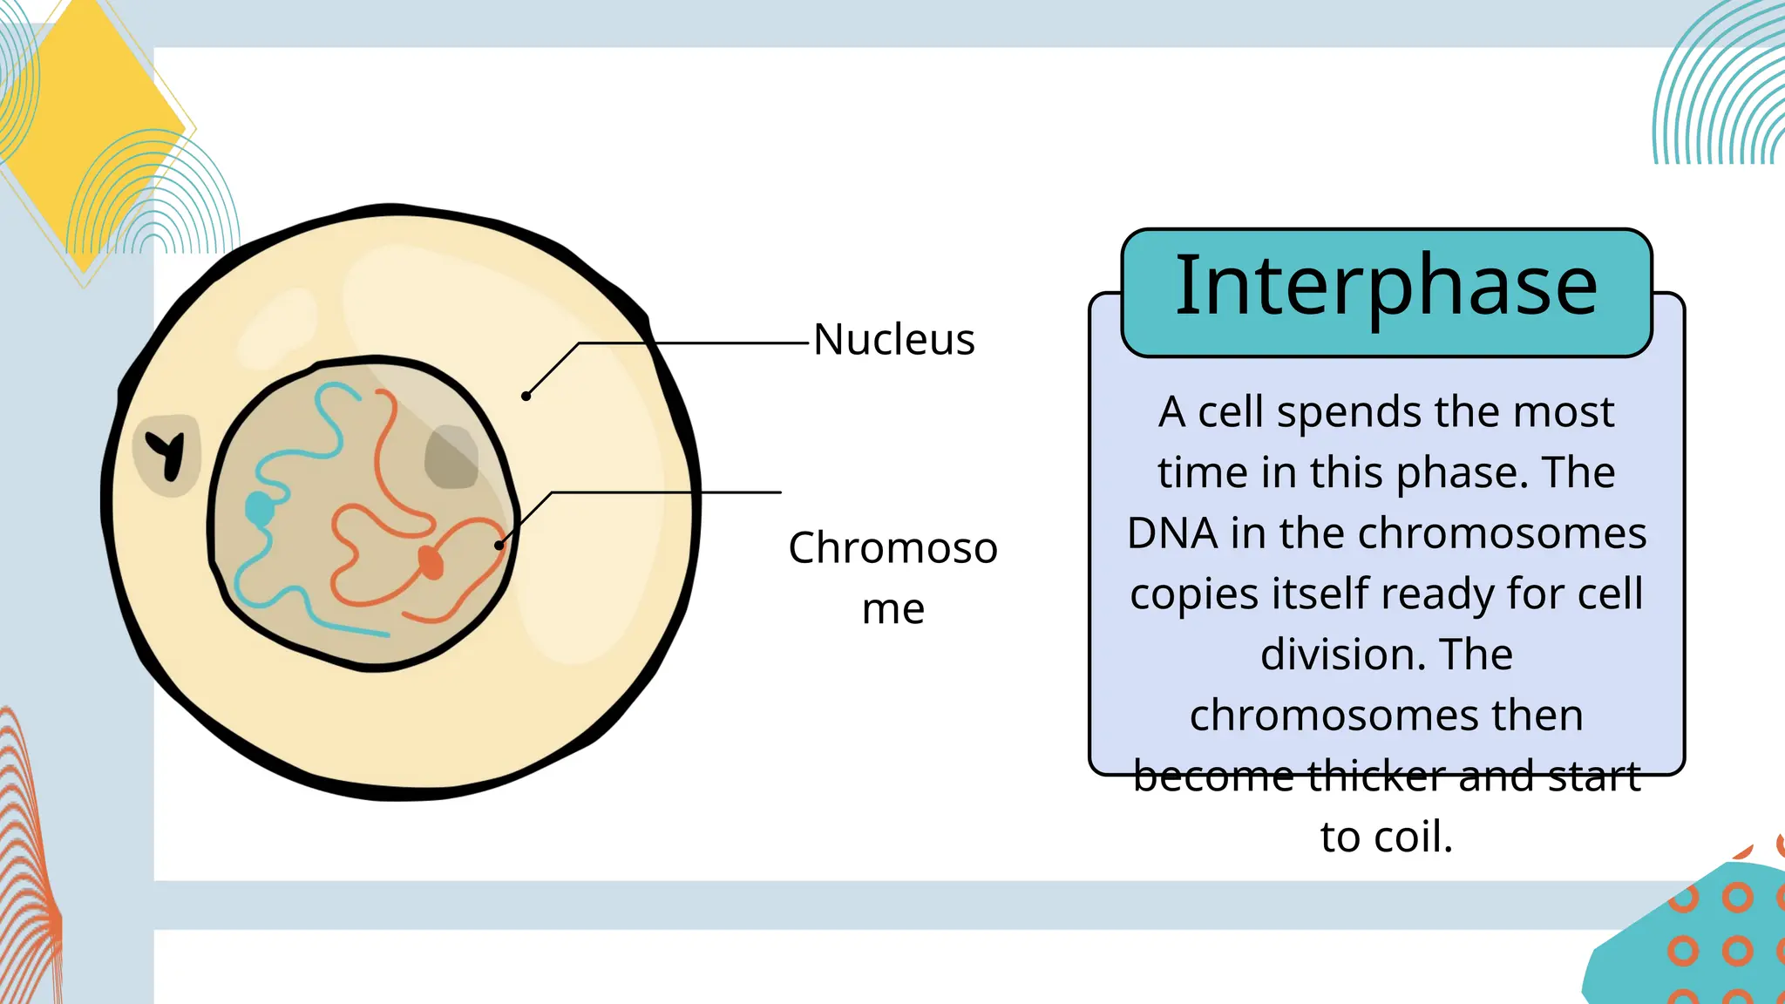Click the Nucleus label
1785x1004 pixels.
[893, 340]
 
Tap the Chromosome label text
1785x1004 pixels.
[892, 576]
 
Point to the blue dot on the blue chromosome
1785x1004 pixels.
[259, 507]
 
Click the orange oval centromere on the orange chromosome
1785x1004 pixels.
[431, 562]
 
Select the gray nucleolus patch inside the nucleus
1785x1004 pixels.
[451, 457]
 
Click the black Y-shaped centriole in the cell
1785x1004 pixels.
[167, 453]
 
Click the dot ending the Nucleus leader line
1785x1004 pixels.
[526, 397]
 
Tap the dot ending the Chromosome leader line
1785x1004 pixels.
[499, 546]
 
